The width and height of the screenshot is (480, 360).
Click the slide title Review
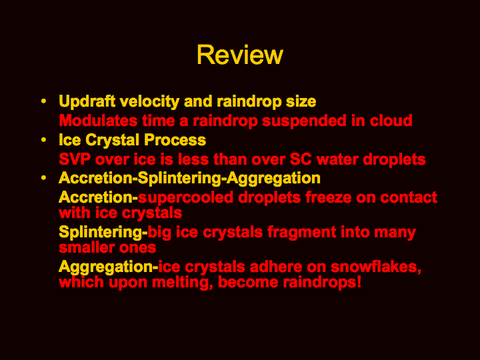click(240, 55)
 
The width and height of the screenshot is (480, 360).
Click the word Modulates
click(98, 120)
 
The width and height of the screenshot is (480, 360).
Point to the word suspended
click(304, 121)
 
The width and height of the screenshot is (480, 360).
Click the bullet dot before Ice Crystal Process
click(44, 140)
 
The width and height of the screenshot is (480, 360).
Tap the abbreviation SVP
click(75, 159)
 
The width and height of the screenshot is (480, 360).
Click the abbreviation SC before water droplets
click(301, 159)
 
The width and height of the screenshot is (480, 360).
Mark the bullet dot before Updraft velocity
click(44, 101)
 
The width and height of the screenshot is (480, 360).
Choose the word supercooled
click(186, 198)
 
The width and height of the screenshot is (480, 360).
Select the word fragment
click(301, 233)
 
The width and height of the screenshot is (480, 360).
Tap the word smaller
click(87, 247)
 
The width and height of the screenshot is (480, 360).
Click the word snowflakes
click(376, 267)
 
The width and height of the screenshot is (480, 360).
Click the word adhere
click(276, 267)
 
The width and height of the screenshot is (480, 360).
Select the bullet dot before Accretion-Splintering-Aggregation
click(44, 178)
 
